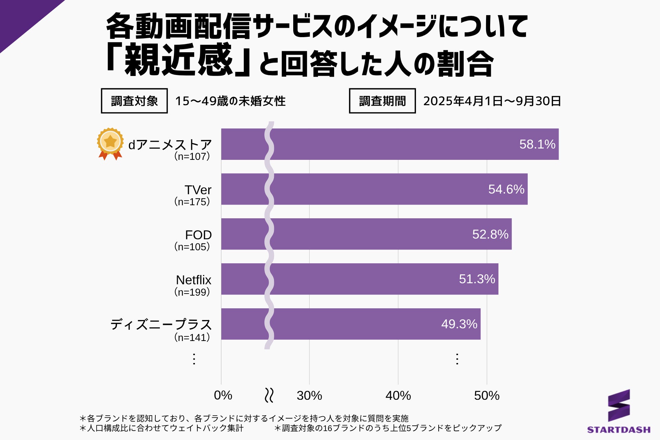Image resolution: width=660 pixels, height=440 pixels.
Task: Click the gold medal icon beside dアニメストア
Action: coord(110,143)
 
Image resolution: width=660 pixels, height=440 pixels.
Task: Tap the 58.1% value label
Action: coord(537,144)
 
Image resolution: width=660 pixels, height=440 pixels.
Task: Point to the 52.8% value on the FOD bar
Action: coord(490,234)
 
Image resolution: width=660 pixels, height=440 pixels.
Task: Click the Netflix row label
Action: coord(194,280)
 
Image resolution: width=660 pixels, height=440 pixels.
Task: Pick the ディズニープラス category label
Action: coord(161,324)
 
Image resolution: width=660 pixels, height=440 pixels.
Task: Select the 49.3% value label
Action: coord(459,324)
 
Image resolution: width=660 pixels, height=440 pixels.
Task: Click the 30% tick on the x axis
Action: coord(309,396)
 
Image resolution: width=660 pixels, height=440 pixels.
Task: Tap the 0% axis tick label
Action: coord(223,396)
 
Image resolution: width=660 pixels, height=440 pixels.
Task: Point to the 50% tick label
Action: coord(486,396)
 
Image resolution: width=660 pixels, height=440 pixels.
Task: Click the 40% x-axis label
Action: coord(398,396)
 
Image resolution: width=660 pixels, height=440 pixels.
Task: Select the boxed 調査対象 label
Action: coord(134,101)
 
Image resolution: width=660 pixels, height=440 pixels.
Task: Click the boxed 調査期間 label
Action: coord(382,101)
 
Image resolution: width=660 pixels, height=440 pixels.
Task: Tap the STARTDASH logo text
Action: coord(618,430)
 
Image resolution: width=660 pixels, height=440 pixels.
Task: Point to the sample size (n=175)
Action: coord(192,202)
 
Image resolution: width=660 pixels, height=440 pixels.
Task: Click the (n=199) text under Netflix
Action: coord(192,292)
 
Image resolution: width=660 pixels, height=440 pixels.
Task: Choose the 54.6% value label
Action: coord(506,189)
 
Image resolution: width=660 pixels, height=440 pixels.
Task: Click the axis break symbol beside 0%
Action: coord(269,395)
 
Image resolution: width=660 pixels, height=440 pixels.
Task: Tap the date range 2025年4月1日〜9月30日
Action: coord(492,101)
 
